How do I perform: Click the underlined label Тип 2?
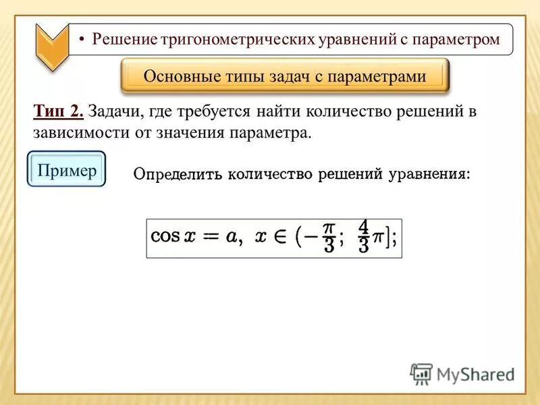pos(57,111)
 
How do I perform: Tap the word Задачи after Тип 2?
pos(114,111)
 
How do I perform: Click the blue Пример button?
pos(67,170)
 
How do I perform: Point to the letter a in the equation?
pos(232,236)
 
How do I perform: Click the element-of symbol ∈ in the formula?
pos(279,237)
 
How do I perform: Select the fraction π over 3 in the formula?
pos(329,236)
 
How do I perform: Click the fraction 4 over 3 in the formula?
pos(363,236)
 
